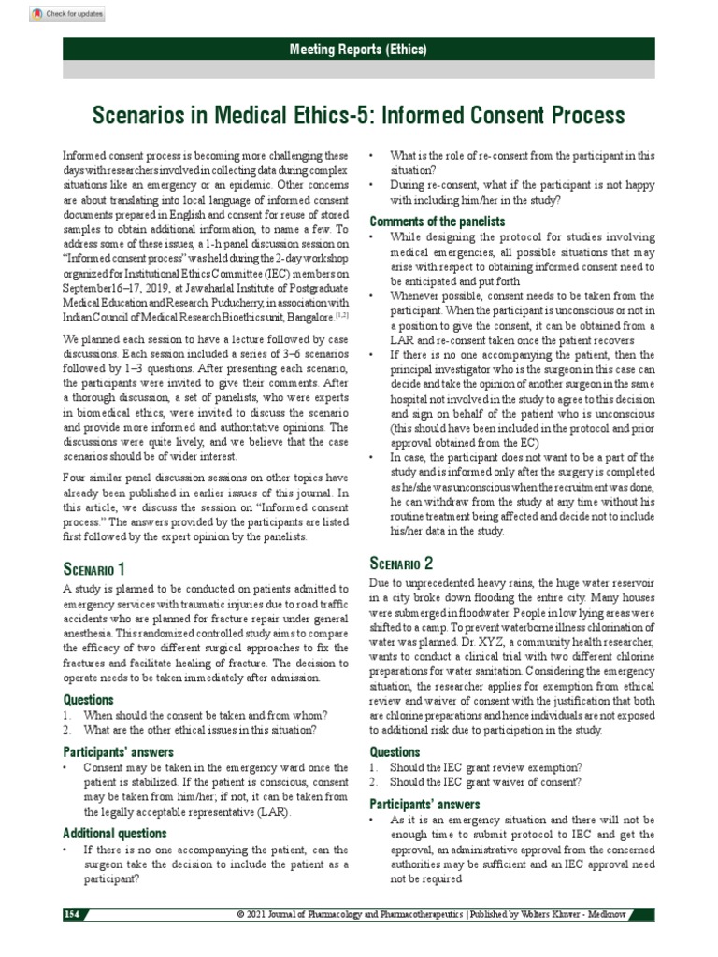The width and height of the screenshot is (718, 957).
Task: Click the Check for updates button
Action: point(66,15)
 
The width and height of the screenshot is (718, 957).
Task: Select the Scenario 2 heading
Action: point(402,563)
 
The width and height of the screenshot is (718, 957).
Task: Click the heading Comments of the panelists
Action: point(438,221)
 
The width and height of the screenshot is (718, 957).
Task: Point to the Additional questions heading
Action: point(115,833)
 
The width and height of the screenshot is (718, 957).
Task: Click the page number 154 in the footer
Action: point(74,912)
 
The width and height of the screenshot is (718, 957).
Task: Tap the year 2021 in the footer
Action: point(258,913)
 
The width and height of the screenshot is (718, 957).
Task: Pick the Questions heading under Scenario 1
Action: point(89,699)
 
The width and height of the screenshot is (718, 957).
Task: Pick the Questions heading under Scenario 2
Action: point(395,751)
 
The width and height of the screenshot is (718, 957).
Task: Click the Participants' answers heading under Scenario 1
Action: point(117,751)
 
